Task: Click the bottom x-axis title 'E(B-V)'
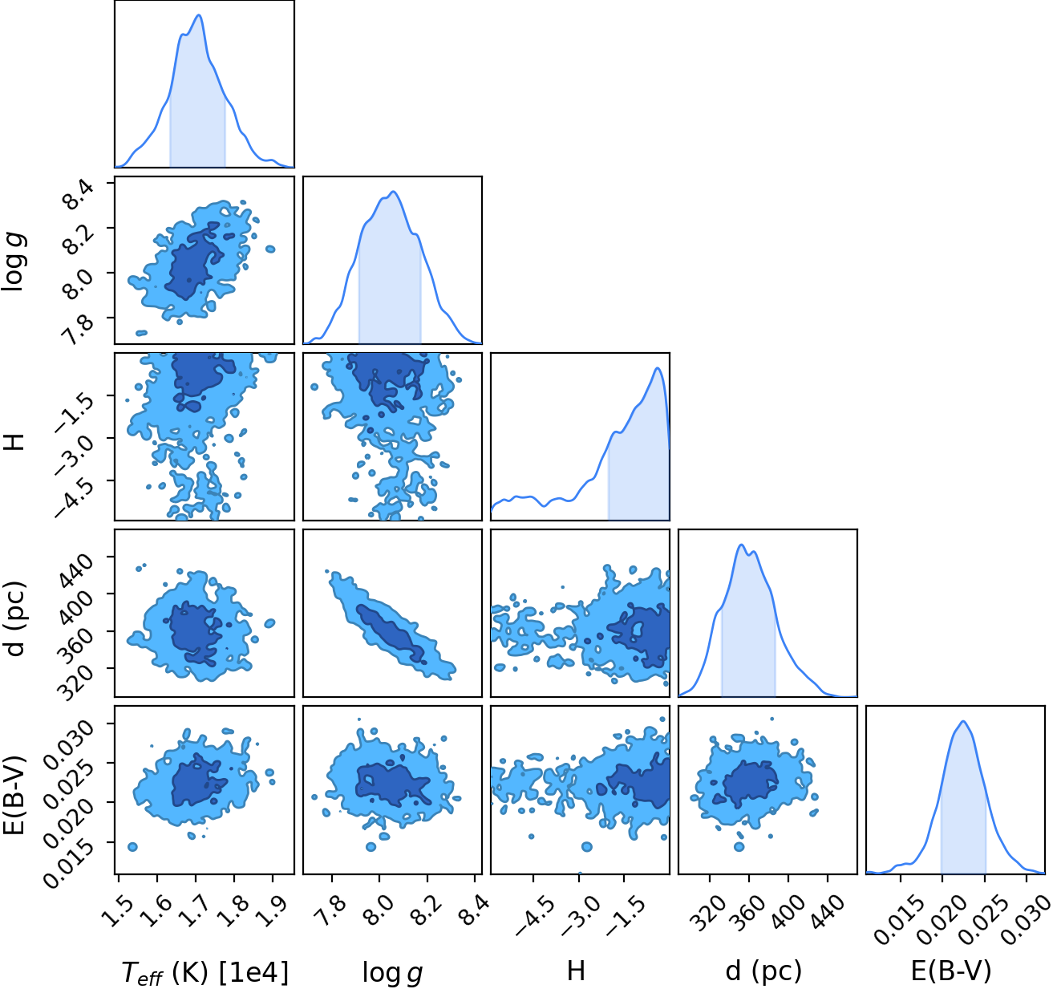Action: [952, 971]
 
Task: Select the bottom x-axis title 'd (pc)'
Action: [763, 971]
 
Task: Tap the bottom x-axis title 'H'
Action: [576, 971]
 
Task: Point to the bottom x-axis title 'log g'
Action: [392, 972]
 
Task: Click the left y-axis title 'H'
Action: [14, 441]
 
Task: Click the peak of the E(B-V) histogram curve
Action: [963, 722]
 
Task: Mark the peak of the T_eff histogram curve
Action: [199, 14]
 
